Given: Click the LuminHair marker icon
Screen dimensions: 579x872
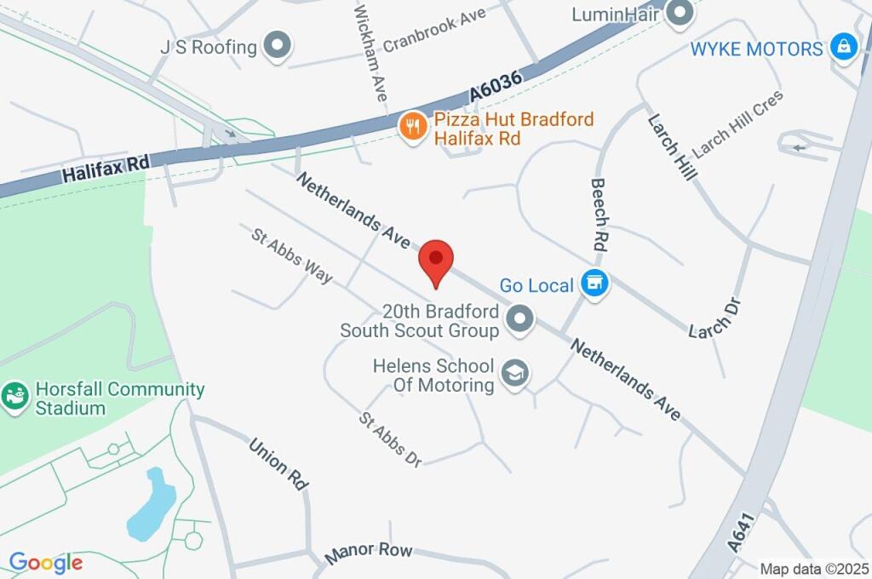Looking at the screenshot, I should pyautogui.click(x=680, y=13).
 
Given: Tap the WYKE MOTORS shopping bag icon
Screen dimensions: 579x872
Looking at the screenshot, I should pyautogui.click(x=843, y=47).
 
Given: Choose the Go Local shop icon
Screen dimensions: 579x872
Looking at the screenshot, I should pyautogui.click(x=594, y=284).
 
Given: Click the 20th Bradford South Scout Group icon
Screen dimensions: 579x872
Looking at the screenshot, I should pyautogui.click(x=519, y=320).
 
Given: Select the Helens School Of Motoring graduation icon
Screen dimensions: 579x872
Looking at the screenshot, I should pyautogui.click(x=514, y=374).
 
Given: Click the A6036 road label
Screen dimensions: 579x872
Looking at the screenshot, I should pyautogui.click(x=493, y=85).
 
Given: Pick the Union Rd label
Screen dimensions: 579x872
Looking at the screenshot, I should pyautogui.click(x=278, y=463).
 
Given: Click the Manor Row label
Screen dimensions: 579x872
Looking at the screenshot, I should pyautogui.click(x=369, y=553).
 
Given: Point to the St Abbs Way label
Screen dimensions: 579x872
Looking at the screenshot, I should pyautogui.click(x=292, y=255).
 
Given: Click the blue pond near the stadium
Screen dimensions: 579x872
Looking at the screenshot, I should pyautogui.click(x=151, y=507).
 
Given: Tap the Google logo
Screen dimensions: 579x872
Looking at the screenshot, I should pyautogui.click(x=46, y=563).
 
